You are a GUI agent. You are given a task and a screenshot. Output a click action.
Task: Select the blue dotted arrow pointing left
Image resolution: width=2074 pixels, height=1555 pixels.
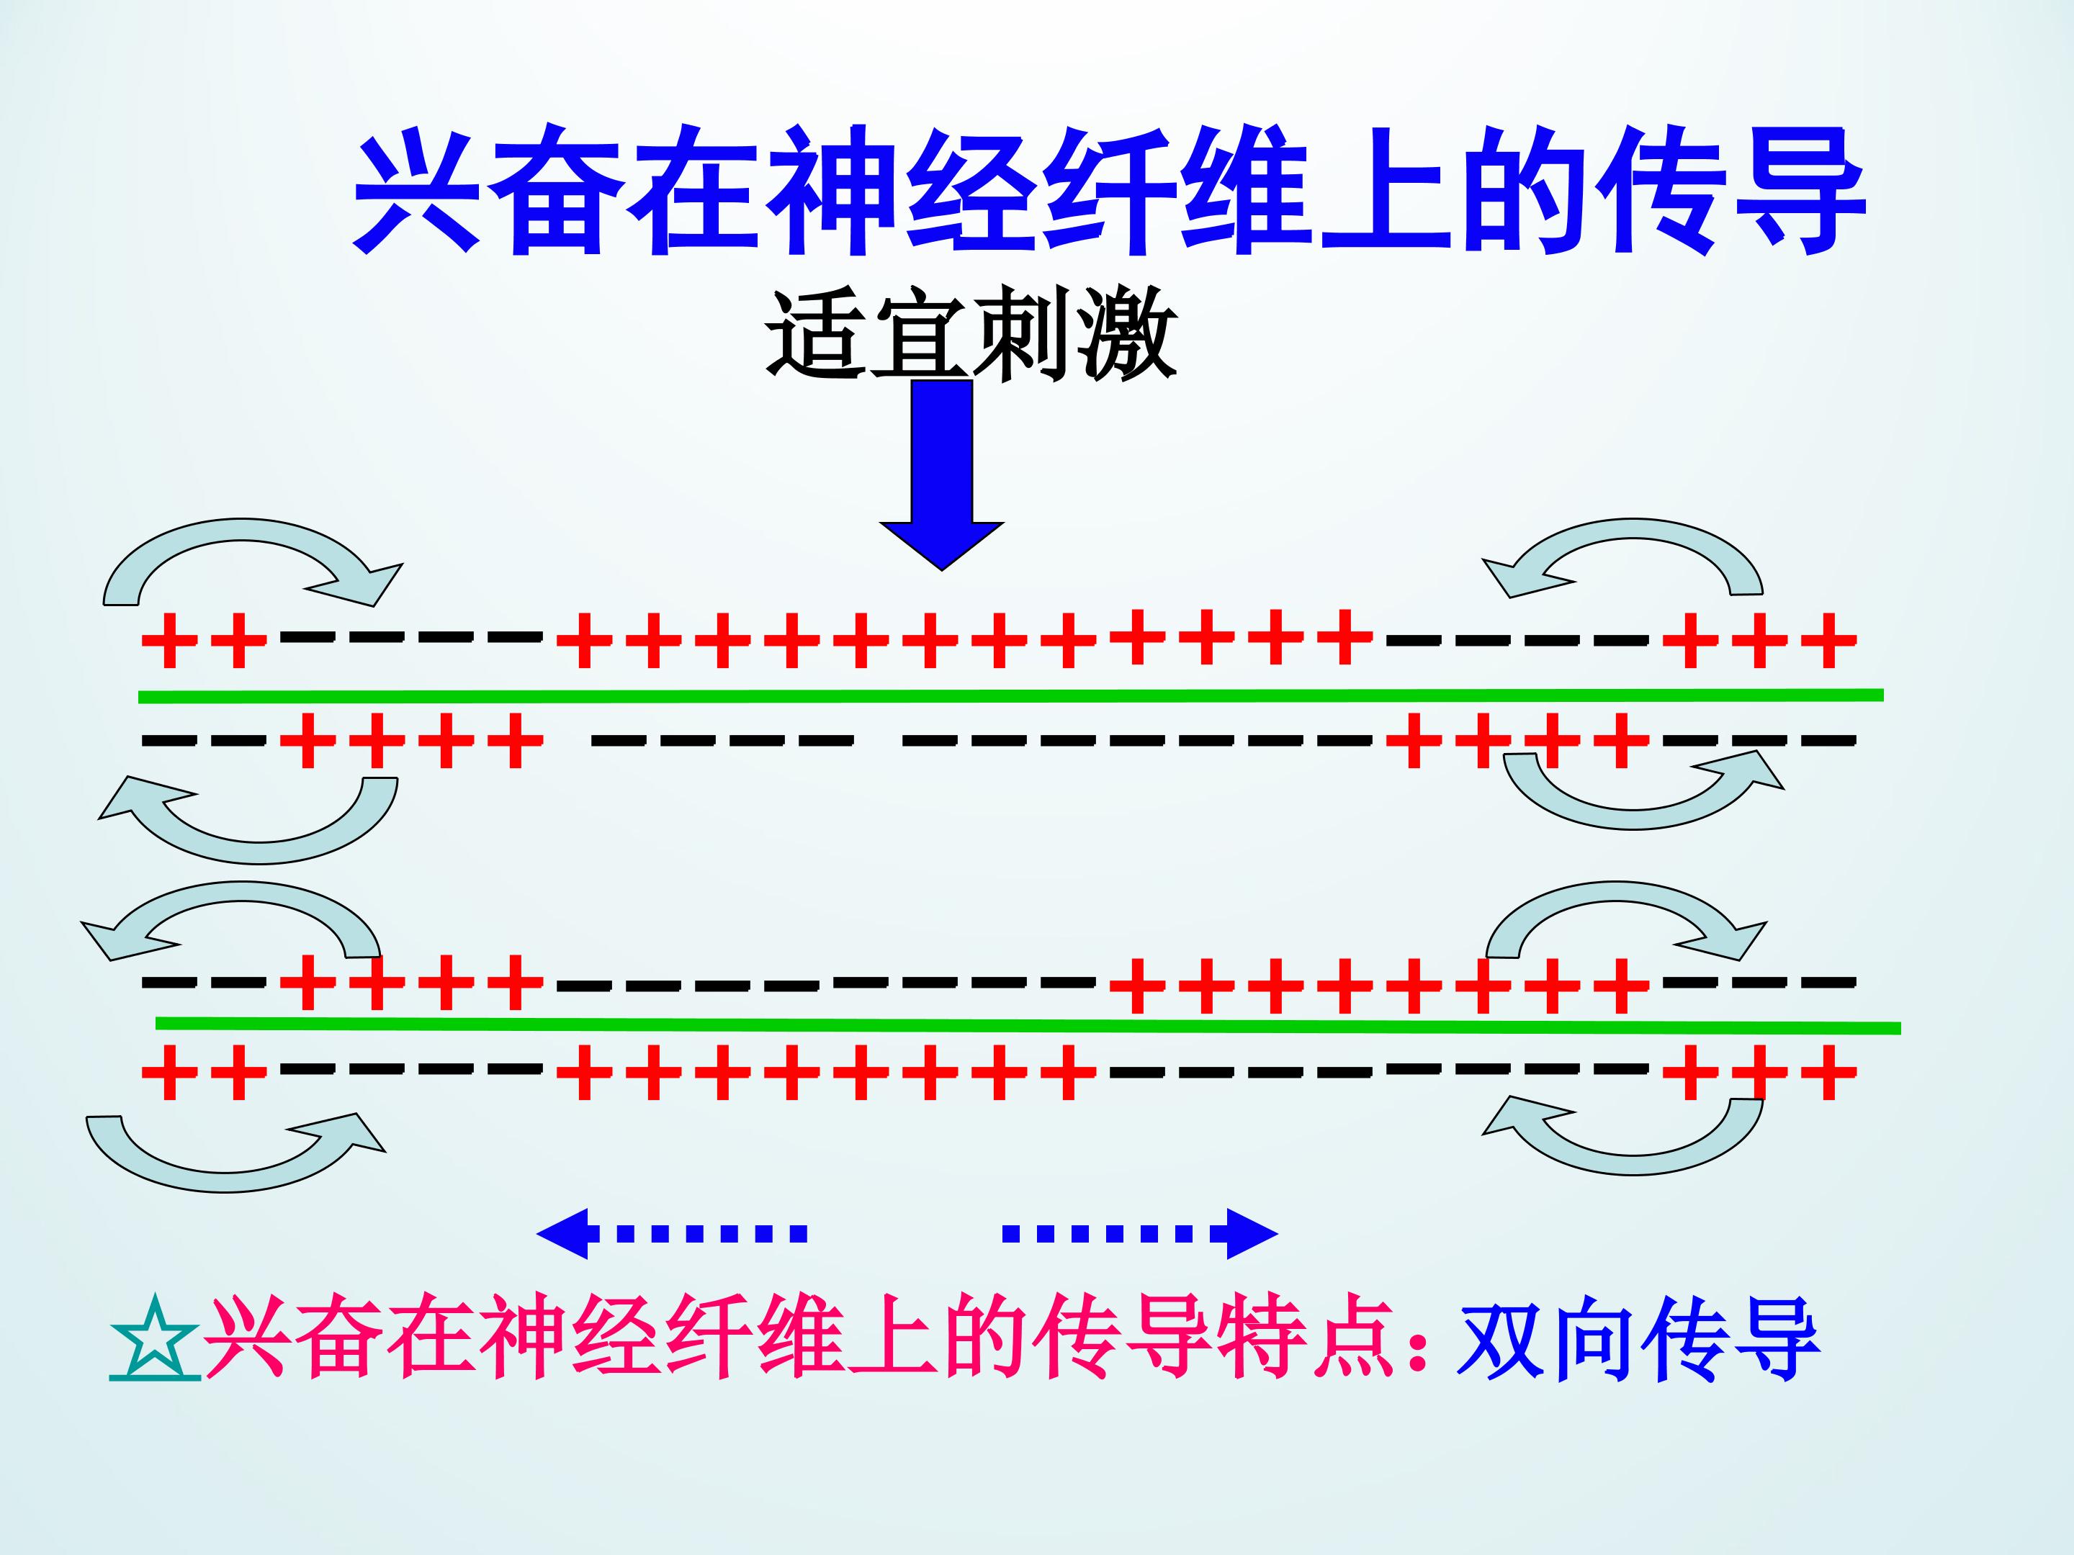point(671,1232)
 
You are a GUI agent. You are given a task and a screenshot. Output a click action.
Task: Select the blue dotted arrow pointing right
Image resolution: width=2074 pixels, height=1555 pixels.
point(1140,1232)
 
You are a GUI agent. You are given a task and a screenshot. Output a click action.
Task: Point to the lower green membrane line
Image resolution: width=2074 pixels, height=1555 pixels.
point(1028,1024)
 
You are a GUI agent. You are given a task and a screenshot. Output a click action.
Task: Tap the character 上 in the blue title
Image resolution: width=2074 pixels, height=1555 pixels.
point(1385,193)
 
